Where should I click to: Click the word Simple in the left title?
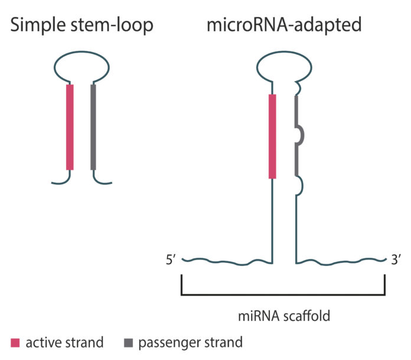click(35, 25)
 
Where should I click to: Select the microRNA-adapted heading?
click(283, 25)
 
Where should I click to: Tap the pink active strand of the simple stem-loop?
click(70, 127)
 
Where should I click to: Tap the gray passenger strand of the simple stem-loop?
click(93, 127)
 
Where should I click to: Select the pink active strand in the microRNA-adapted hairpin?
click(272, 136)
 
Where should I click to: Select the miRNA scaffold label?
click(284, 316)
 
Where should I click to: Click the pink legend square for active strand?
click(15, 342)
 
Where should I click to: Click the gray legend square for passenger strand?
click(128, 342)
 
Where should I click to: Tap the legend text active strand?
click(64, 342)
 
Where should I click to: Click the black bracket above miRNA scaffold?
click(283, 294)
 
